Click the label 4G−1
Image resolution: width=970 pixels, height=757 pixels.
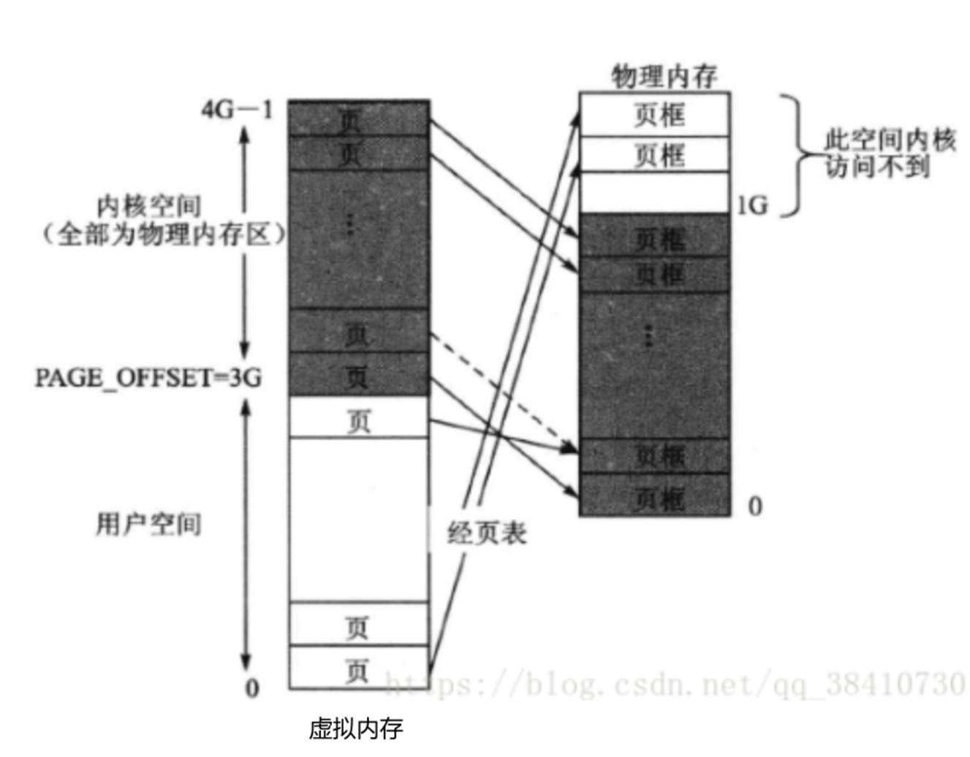(x=237, y=110)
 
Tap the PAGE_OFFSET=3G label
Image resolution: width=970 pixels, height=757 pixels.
(x=148, y=378)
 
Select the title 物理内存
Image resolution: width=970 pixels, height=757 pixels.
(x=664, y=76)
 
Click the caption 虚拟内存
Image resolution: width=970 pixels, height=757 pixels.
(x=355, y=729)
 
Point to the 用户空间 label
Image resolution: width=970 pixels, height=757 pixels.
(x=148, y=524)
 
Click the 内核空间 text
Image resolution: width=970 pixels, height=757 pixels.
(x=148, y=206)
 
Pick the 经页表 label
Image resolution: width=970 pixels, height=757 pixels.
(x=487, y=533)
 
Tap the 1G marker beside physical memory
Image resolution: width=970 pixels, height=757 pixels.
(x=752, y=205)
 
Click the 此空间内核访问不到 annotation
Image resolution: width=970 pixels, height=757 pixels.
(x=890, y=153)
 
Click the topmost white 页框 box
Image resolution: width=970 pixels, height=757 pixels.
(x=654, y=115)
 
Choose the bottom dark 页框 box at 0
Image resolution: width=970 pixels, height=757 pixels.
(x=654, y=497)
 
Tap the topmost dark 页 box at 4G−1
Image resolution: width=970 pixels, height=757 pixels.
(x=358, y=118)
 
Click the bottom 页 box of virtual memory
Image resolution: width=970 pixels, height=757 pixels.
(x=358, y=668)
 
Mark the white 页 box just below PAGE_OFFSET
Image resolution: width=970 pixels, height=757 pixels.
(x=358, y=418)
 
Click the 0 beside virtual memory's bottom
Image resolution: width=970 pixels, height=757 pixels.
(x=251, y=688)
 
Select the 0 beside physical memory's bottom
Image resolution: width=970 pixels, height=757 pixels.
(x=755, y=506)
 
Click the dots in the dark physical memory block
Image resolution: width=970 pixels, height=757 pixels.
(x=648, y=335)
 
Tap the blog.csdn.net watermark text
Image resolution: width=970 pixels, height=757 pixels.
(x=672, y=685)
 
